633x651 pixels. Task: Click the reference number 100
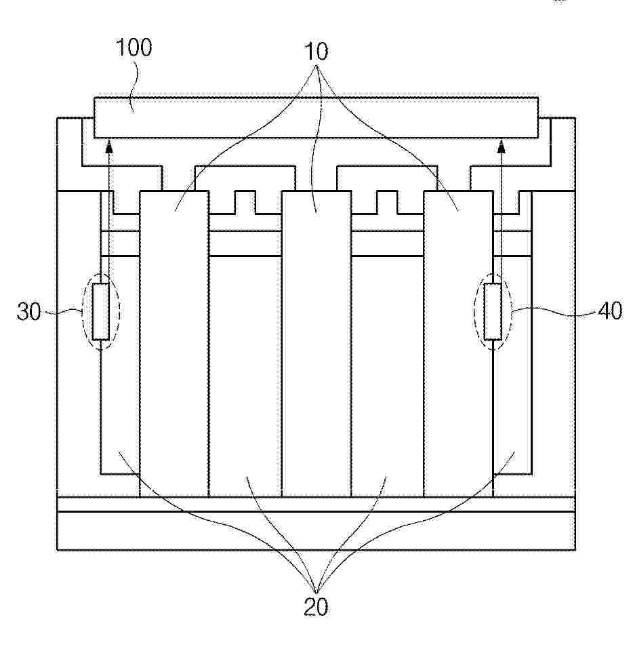[x=134, y=47]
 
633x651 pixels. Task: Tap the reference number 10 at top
[x=316, y=52]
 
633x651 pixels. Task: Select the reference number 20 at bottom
[x=316, y=607]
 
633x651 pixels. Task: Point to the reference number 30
[x=29, y=311]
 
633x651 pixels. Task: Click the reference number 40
[x=610, y=311]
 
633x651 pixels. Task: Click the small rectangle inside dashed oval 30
[x=101, y=311]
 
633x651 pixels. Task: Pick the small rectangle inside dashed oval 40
[x=493, y=311]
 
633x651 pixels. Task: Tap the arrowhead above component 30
[x=110, y=146]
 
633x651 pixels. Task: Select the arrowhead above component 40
[x=501, y=146]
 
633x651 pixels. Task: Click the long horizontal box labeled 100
[x=316, y=117]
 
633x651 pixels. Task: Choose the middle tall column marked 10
[x=316, y=344]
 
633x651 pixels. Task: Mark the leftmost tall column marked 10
[x=174, y=344]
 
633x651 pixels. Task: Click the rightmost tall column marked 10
[x=458, y=344]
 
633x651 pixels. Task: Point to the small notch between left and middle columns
[x=245, y=202]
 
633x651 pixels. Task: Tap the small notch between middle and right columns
[x=387, y=202]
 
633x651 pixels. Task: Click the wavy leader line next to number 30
[x=63, y=311]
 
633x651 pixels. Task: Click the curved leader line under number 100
[x=134, y=85]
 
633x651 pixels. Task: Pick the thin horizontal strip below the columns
[x=316, y=505]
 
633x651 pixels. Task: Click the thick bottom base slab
[x=316, y=531]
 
